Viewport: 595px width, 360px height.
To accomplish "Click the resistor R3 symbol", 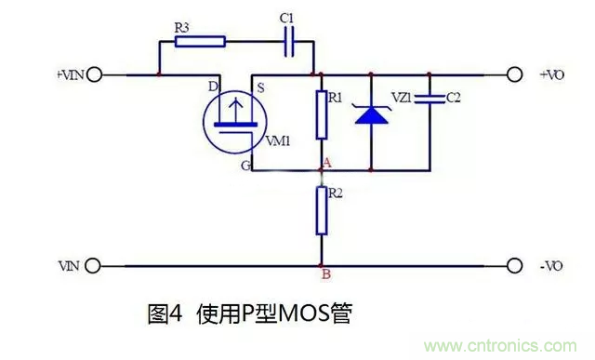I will pyautogui.click(x=199, y=40).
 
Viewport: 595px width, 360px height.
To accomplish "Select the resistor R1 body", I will pyautogui.click(x=322, y=114).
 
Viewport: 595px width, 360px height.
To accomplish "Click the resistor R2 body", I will pyautogui.click(x=322, y=211).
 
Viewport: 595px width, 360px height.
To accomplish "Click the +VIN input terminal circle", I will pyautogui.click(x=94, y=73).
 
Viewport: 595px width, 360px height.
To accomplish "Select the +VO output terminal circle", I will pyautogui.click(x=514, y=73).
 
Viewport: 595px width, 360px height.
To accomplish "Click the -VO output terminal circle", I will pyautogui.click(x=514, y=265).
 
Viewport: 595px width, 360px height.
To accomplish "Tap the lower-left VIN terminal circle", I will pyautogui.click(x=94, y=265).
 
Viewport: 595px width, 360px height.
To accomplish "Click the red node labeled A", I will pyautogui.click(x=323, y=170).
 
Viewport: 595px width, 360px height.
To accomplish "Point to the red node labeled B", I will pyautogui.click(x=322, y=266).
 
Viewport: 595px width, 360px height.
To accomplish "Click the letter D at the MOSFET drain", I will pyautogui.click(x=212, y=87).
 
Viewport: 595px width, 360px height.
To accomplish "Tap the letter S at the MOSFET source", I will pyautogui.click(x=259, y=88).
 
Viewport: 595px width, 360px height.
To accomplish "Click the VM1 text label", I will pyautogui.click(x=278, y=141).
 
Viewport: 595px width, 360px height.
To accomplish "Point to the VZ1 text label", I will pyautogui.click(x=403, y=97).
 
